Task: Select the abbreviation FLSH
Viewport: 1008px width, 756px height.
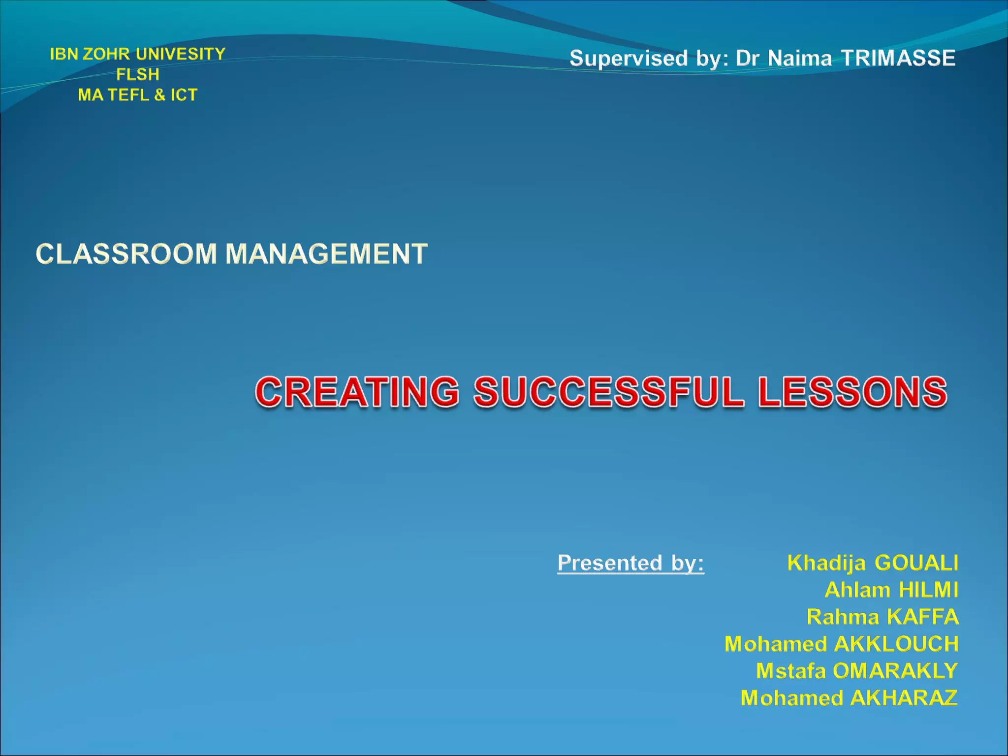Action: point(138,74)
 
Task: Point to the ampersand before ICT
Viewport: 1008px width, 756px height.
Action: point(159,95)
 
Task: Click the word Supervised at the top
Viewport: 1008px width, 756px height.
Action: point(629,59)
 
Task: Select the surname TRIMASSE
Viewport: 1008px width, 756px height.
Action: point(898,58)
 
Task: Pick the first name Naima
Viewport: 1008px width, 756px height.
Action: point(799,59)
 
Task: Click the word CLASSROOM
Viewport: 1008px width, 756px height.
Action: point(126,254)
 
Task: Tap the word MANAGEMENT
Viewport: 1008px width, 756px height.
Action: point(326,254)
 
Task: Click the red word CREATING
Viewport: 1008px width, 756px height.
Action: point(357,392)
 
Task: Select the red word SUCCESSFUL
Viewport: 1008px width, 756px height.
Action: point(608,392)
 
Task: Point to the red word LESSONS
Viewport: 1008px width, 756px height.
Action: point(852,392)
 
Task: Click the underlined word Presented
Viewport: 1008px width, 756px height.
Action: point(609,563)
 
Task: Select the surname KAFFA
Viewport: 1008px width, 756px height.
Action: point(923,617)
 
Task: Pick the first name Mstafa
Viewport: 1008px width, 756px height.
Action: point(790,671)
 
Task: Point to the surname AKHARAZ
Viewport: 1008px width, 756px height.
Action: point(904,698)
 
